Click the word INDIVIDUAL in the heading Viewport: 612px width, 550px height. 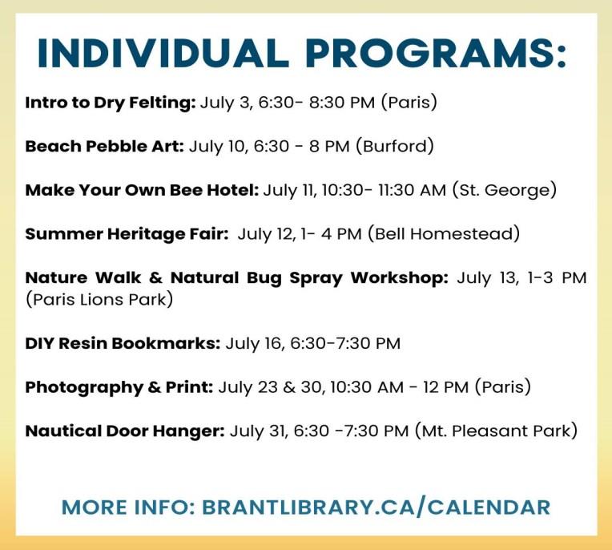coord(163,53)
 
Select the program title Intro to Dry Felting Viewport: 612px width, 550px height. coord(111,103)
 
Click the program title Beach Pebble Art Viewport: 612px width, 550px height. coord(105,147)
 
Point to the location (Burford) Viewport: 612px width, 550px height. coord(395,147)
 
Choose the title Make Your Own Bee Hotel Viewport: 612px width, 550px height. coord(142,190)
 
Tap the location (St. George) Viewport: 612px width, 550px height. coord(505,190)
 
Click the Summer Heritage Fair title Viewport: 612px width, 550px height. coord(127,234)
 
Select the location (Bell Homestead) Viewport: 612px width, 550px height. coord(444,234)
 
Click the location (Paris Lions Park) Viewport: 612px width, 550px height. coord(99,300)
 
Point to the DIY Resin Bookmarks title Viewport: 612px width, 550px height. coord(123,344)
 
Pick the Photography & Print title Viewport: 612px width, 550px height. coord(119,387)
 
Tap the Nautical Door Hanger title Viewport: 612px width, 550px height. coord(125,431)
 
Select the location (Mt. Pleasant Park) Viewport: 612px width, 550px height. coord(496,431)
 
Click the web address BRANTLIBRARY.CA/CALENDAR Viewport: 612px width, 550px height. coord(376,507)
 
